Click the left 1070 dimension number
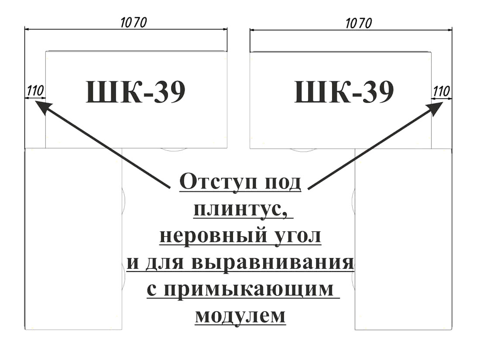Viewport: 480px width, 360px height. tap(134, 23)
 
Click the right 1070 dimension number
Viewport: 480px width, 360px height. tap(359, 23)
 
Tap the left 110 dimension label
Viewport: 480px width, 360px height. tap(35, 91)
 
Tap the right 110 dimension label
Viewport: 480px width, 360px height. tap(442, 91)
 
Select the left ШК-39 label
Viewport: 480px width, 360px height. tap(136, 92)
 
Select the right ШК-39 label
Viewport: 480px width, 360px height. tap(344, 92)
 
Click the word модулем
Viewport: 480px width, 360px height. tap(240, 315)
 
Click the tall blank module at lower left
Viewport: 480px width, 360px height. tap(73, 239)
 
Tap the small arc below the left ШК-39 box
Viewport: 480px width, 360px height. tap(174, 150)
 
